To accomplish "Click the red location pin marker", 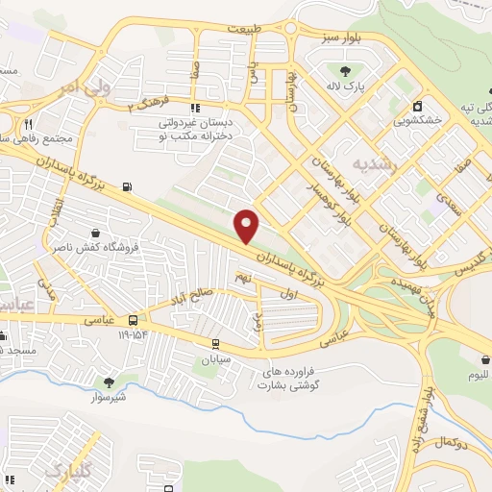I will coord(247,226).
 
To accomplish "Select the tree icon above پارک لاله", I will coord(346,70).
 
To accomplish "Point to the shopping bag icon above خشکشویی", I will coord(417,107).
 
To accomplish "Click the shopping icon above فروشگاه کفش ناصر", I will coord(96,232).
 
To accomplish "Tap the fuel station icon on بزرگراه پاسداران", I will coord(128,186).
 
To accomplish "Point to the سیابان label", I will coord(216,359).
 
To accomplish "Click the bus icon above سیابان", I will coord(216,344).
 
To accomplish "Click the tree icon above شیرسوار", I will coord(108,381).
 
